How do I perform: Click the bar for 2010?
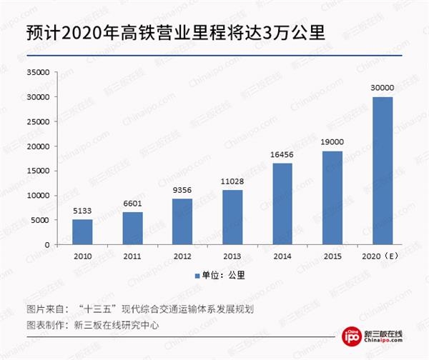[82, 231]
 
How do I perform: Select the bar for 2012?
[182, 221]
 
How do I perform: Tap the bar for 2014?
[282, 204]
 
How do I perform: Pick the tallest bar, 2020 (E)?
[382, 170]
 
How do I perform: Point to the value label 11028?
[232, 182]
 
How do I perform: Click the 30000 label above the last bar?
[382, 88]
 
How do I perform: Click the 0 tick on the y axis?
[46, 244]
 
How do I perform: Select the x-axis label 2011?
[132, 255]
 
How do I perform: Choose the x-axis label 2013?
[232, 255]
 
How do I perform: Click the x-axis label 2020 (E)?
[382, 255]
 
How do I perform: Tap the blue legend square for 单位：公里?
[195, 276]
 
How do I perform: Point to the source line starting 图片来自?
[136, 309]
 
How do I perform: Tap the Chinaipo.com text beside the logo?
[389, 344]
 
